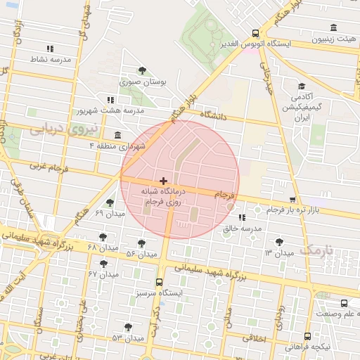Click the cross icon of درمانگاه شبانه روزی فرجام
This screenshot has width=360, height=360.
coord(164,181)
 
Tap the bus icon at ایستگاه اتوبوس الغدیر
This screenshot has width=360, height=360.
coord(255,32)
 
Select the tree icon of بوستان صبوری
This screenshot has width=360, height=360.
coord(143,70)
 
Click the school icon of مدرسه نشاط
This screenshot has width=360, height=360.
coord(49,49)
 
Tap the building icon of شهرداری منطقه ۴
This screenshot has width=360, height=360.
coord(116,135)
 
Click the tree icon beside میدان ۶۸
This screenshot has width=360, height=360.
coord(103,237)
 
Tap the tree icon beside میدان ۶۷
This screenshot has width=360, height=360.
coord(105,264)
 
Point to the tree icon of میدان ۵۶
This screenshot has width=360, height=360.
coord(142,243)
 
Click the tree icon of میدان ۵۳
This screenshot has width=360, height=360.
coord(128,327)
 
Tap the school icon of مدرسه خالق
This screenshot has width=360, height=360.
coord(243,218)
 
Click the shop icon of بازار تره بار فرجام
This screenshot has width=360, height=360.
coord(292,200)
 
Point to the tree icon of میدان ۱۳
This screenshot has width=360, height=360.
coord(280,242)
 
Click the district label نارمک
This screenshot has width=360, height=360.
coord(314,250)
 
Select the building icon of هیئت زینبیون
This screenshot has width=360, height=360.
coord(332,28)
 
